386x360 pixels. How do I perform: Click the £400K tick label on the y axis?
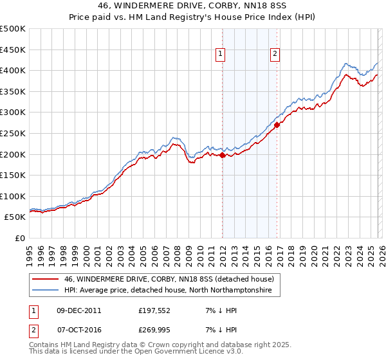[x=12, y=70]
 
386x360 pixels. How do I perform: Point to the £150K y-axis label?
[x=12, y=175]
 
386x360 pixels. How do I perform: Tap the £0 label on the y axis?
[x=20, y=238]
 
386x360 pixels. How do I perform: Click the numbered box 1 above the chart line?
[x=221, y=55]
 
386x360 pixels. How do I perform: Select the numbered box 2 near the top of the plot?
[x=275, y=55]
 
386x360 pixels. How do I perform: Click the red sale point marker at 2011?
[x=222, y=155]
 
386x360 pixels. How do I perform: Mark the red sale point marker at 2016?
[x=277, y=125]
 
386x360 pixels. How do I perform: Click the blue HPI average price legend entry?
[x=167, y=291]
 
